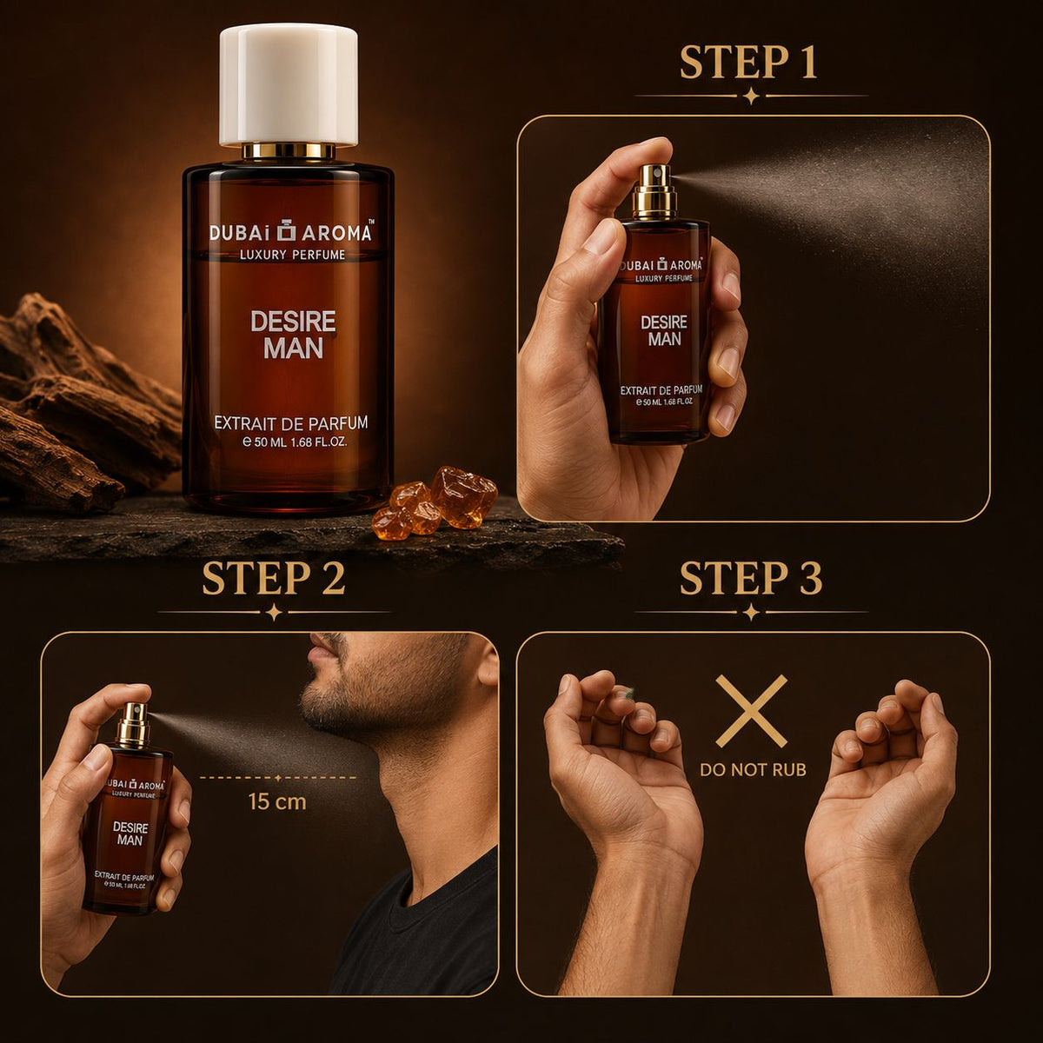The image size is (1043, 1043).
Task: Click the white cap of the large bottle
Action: [288, 85]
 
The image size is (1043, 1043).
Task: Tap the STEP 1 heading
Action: [748, 63]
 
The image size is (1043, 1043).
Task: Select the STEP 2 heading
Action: [273, 577]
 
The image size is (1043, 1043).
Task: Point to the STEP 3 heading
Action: [751, 577]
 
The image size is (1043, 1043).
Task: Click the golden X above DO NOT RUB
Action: [751, 711]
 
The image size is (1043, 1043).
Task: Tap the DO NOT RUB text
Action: [753, 769]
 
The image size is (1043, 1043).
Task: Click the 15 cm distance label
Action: [277, 801]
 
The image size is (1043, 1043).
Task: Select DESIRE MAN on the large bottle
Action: [293, 335]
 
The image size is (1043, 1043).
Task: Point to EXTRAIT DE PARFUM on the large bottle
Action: [291, 422]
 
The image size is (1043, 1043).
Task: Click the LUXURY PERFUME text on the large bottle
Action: [292, 255]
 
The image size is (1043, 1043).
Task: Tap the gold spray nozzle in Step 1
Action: [655, 190]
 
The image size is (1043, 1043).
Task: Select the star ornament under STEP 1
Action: [751, 96]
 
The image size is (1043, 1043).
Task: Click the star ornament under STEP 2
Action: [275, 612]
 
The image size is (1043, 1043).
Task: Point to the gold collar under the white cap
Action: [288, 151]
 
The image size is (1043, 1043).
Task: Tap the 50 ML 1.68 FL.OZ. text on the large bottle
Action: [295, 442]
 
